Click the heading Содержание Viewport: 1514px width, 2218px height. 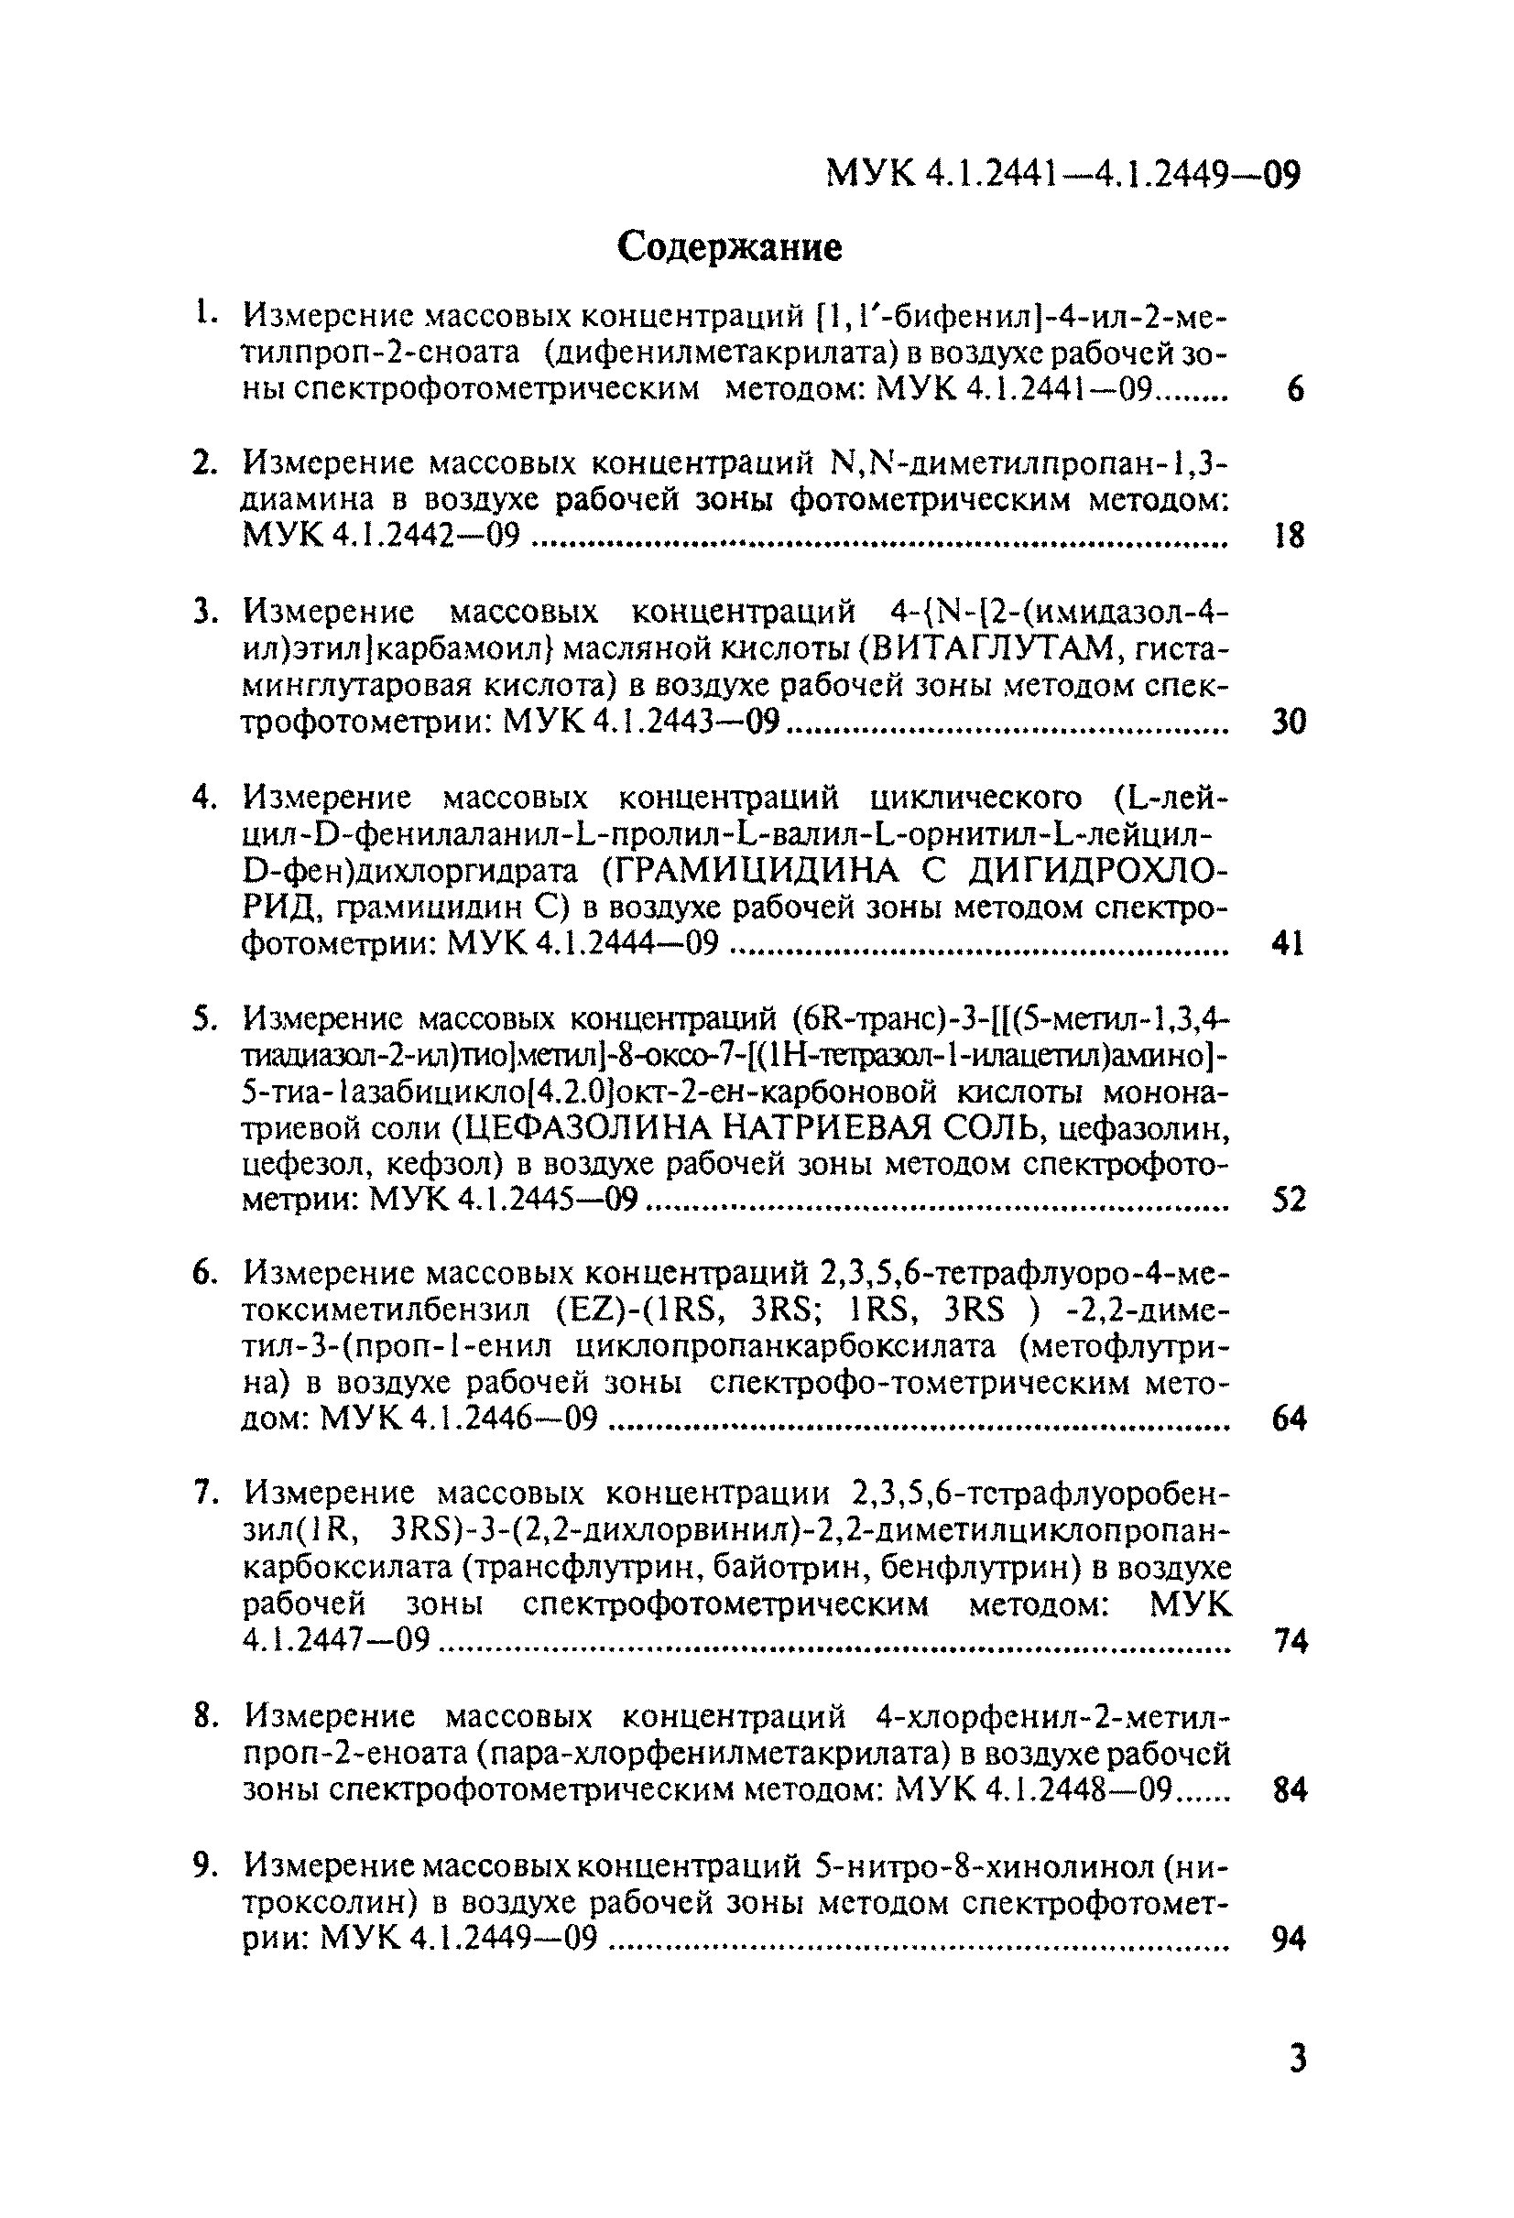coord(729,247)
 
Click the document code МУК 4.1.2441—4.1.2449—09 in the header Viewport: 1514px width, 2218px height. coord(1062,175)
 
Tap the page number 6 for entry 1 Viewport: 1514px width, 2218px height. coord(1294,389)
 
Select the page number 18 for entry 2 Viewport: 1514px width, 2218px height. coord(1289,537)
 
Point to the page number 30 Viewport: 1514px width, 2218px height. coord(1289,722)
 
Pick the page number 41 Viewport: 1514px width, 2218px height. coord(1288,944)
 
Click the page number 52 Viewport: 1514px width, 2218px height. coord(1289,1200)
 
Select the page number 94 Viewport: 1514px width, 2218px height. coord(1289,1939)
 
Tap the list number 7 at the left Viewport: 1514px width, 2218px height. coord(203,1494)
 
